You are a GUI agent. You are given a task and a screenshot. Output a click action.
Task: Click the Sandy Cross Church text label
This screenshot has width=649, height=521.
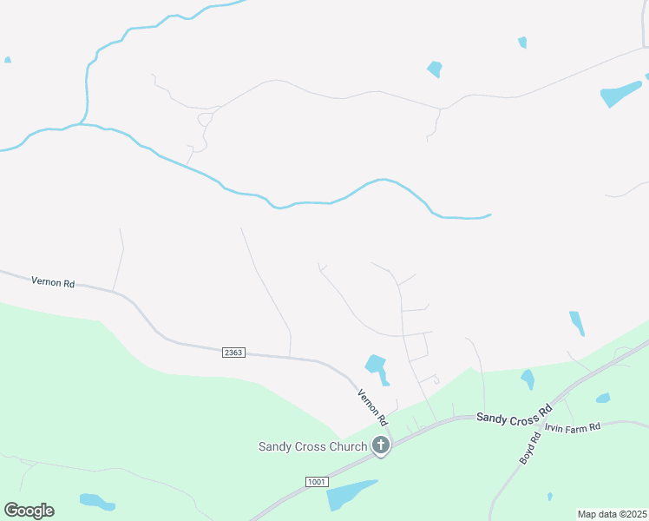pos(312,446)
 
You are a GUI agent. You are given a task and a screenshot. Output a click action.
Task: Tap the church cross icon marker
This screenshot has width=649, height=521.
pos(380,445)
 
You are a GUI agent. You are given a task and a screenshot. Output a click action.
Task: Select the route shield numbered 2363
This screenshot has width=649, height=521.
pos(233,352)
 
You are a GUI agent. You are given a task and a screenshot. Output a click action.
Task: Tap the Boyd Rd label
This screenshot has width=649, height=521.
pos(530,444)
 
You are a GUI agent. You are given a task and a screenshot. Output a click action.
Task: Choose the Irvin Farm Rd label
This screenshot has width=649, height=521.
pos(573,428)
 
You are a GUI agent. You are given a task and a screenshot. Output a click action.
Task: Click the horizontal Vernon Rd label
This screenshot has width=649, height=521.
pos(53,281)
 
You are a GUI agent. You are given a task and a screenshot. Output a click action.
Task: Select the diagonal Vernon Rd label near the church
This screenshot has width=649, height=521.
pos(370,406)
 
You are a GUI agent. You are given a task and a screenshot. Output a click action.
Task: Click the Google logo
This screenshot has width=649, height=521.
pos(29,511)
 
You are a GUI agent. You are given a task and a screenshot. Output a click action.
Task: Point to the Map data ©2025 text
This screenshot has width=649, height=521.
pos(611,514)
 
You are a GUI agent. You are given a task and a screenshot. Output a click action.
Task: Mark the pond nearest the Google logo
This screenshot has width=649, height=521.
pos(96,501)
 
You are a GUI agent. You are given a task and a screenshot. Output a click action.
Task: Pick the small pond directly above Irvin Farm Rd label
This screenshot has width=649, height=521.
pos(603,399)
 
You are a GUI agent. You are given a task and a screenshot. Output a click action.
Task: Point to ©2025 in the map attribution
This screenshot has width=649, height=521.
pos(628,514)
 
